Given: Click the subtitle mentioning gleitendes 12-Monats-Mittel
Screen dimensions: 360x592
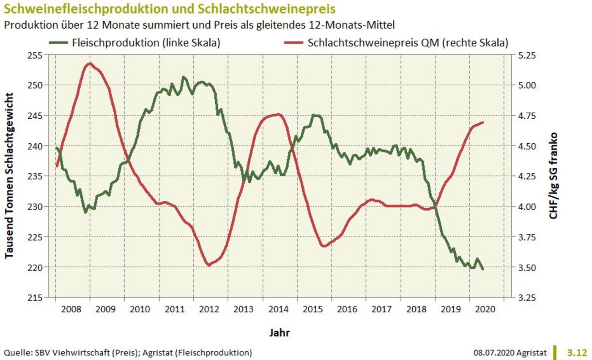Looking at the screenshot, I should click(x=199, y=25).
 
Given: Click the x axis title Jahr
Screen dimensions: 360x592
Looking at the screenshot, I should click(x=280, y=333).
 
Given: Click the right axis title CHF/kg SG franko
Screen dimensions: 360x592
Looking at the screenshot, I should click(x=554, y=176).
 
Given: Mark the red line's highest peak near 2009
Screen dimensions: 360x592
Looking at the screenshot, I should click(x=90, y=63).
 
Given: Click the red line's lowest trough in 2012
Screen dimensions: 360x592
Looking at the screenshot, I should click(x=208, y=265).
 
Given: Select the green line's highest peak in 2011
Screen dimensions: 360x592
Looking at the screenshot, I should click(x=183, y=77).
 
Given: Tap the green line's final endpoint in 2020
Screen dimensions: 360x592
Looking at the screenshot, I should click(x=483, y=269).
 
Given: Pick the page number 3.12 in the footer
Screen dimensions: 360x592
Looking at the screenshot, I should click(x=577, y=352).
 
